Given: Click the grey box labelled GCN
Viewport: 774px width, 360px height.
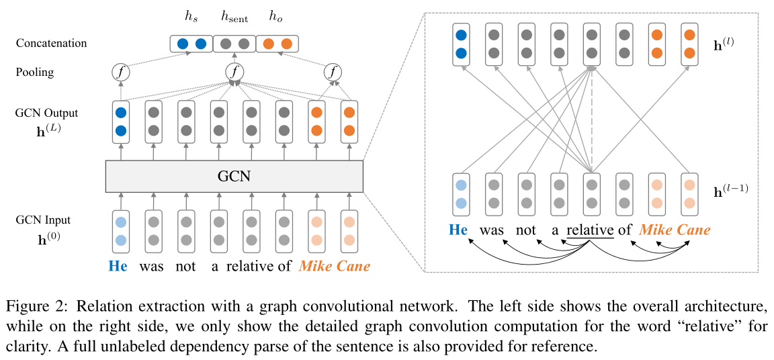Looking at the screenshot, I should tap(234, 177).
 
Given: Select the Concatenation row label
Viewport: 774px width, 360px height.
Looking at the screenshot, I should tap(52, 44).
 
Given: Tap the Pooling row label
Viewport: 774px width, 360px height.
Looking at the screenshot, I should tap(35, 72).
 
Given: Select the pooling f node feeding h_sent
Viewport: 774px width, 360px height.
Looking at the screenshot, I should tap(234, 71).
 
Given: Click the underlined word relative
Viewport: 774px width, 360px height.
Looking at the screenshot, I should tap(590, 230).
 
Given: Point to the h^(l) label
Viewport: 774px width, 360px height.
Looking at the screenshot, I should tap(725, 46).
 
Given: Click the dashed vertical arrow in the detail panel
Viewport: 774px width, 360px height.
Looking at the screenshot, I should tap(591, 121).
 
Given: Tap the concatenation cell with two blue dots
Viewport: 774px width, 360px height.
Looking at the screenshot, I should tap(191, 44).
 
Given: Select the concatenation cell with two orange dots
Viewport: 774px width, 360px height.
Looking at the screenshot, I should tap(277, 44).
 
